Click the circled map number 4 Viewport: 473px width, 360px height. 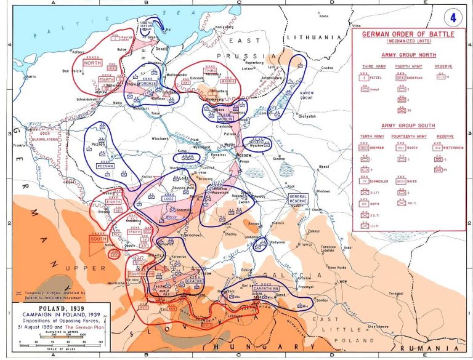point(454,18)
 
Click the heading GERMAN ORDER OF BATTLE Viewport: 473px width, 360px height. point(408,35)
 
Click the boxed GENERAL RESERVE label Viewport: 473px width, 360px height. point(298,199)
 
